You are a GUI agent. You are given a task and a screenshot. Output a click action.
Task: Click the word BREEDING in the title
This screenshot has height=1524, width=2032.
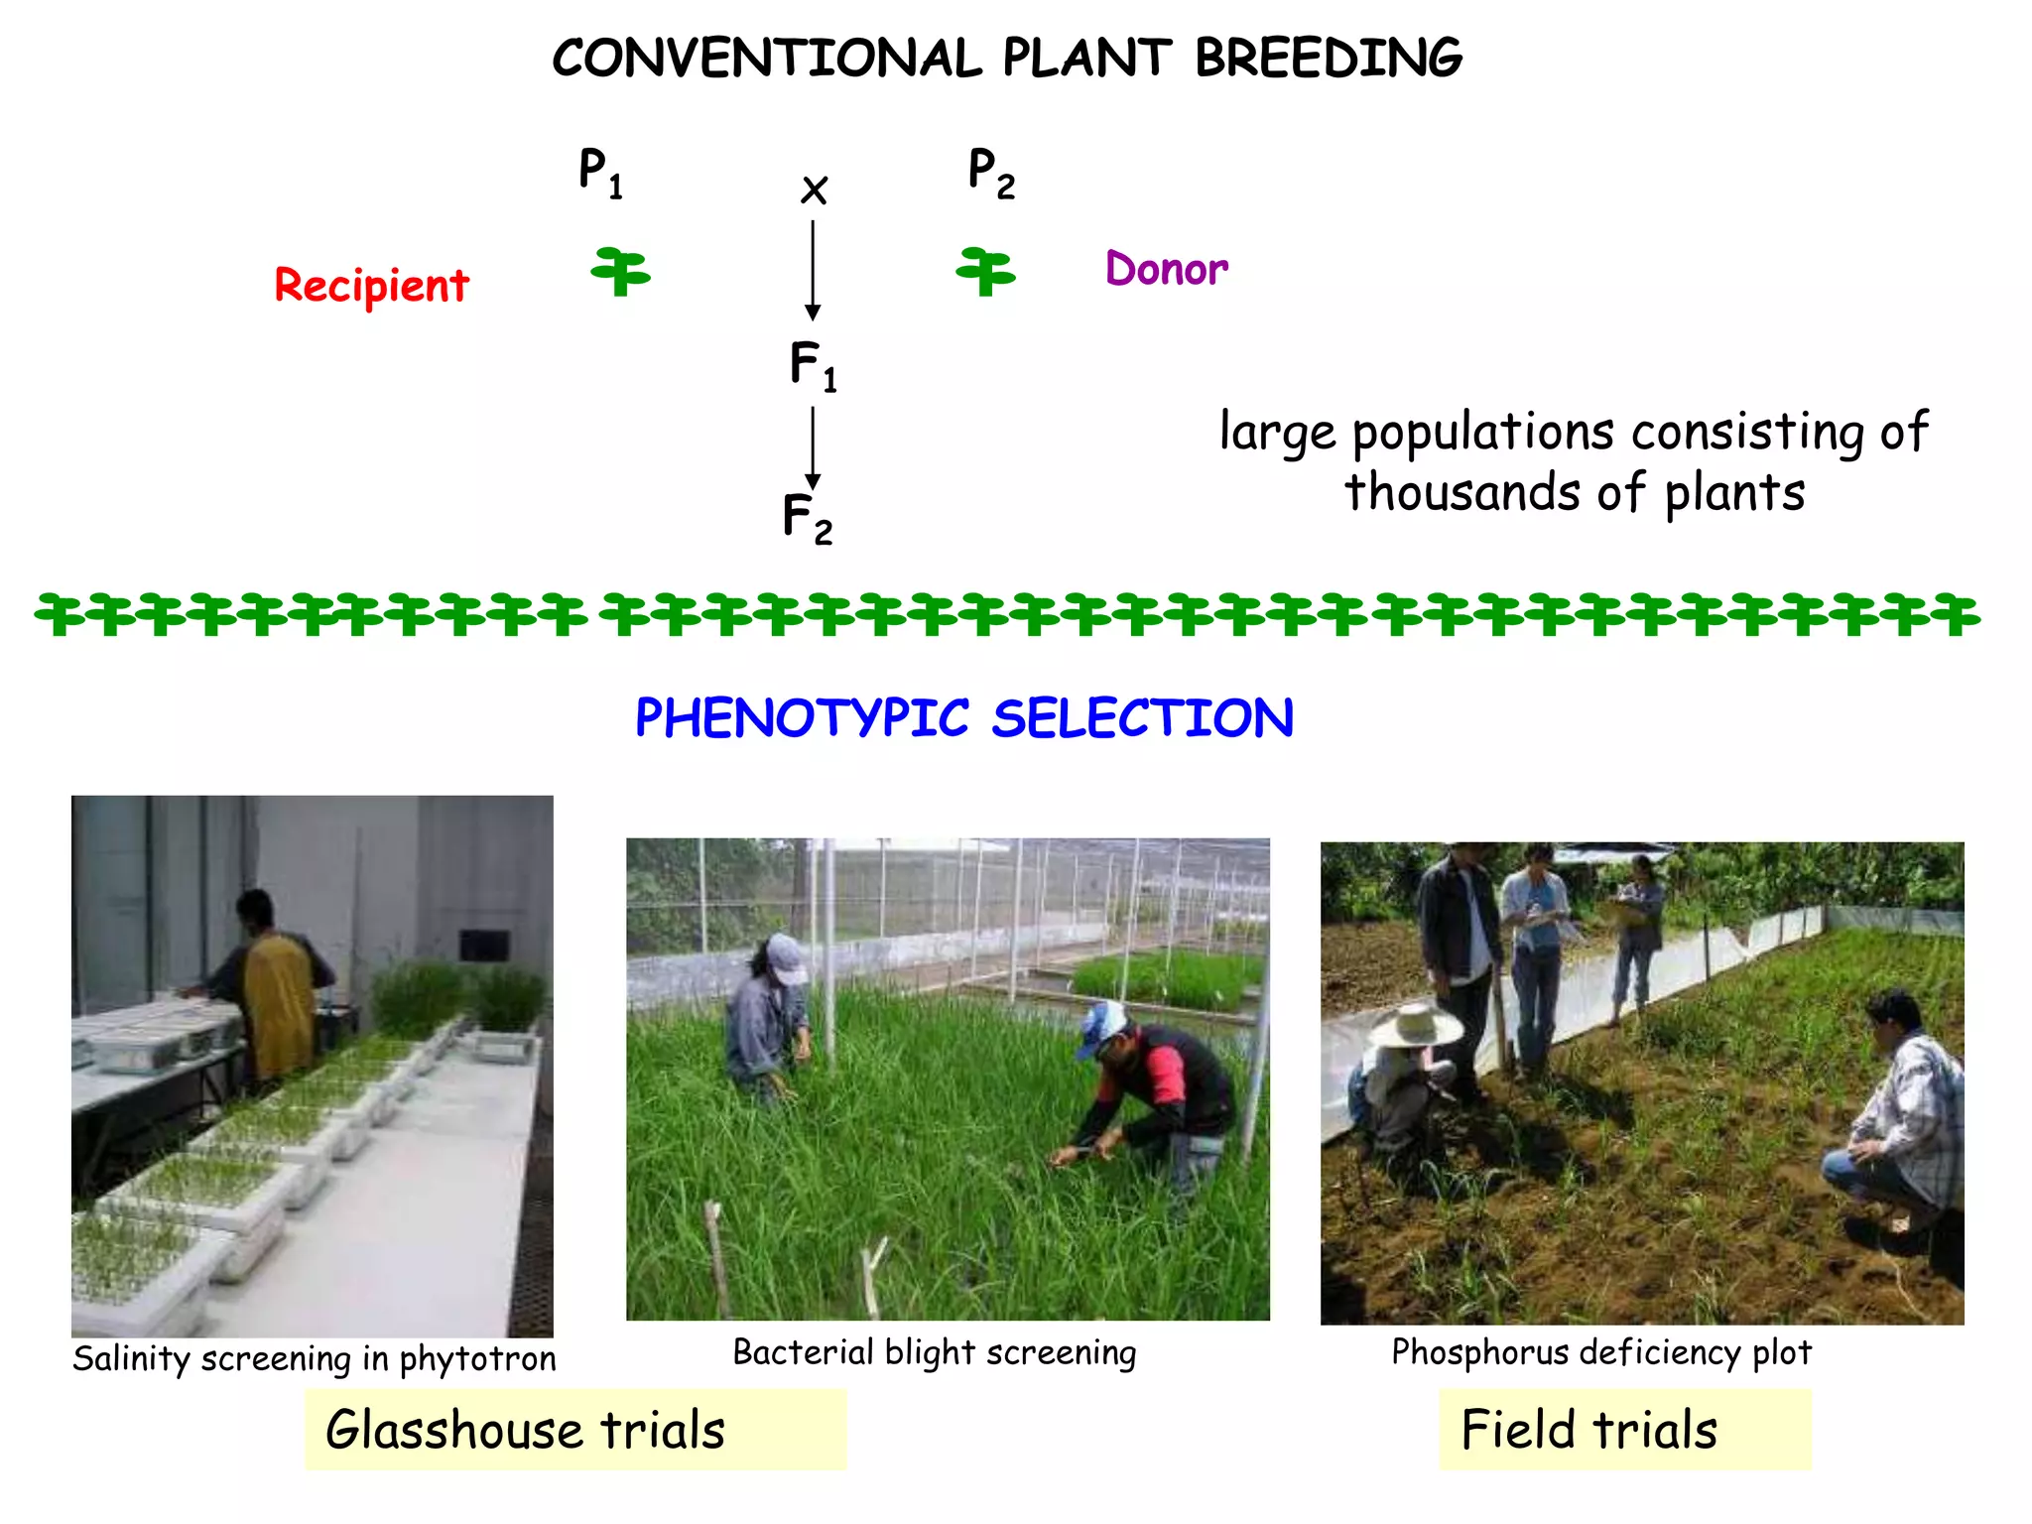click(1328, 58)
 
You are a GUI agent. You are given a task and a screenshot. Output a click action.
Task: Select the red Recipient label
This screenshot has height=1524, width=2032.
click(371, 286)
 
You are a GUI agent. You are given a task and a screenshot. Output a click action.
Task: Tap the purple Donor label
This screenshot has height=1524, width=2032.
click(1167, 269)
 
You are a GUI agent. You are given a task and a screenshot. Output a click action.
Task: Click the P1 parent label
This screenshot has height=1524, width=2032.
click(600, 173)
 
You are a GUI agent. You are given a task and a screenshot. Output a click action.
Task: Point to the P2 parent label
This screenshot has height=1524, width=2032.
click(991, 173)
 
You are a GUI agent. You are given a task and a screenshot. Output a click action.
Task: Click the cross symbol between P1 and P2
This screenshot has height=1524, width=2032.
click(814, 190)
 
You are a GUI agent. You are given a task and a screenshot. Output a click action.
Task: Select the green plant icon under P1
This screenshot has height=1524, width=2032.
click(621, 271)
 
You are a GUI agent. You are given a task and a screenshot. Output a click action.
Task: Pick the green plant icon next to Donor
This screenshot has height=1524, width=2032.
click(985, 271)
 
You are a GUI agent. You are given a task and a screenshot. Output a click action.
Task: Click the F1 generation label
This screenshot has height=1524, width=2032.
click(813, 365)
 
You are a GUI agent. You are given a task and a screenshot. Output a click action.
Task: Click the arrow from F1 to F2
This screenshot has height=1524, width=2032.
click(813, 446)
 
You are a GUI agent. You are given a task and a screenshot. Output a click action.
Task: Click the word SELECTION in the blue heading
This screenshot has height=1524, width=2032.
click(1142, 718)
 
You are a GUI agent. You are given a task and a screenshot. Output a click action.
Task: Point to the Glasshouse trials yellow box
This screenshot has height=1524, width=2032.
click(574, 1429)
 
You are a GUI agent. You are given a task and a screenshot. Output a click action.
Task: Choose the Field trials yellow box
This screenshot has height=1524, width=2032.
click(1624, 1429)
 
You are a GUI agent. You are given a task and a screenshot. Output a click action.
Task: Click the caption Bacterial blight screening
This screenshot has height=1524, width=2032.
click(934, 1352)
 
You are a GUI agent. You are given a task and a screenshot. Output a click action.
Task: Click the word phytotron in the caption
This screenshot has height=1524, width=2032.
click(477, 1358)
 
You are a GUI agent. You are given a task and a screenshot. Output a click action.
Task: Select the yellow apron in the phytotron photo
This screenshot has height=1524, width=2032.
click(280, 1002)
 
